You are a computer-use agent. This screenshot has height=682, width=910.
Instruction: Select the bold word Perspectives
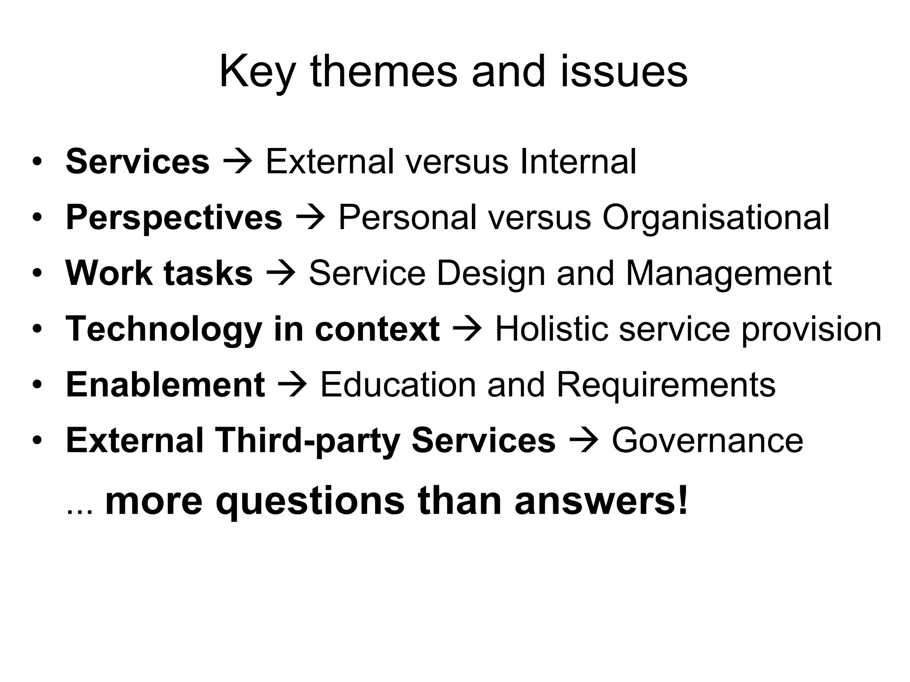174,218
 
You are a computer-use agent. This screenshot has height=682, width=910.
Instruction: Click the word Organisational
715,218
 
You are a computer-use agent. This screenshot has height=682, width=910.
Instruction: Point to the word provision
811,329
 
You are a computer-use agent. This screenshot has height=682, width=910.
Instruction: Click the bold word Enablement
165,385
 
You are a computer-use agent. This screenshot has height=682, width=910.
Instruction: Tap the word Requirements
666,385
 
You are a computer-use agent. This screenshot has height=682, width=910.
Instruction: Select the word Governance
707,440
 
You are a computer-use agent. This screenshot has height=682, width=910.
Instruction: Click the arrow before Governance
583,441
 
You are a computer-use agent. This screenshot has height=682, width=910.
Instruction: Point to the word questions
310,501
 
